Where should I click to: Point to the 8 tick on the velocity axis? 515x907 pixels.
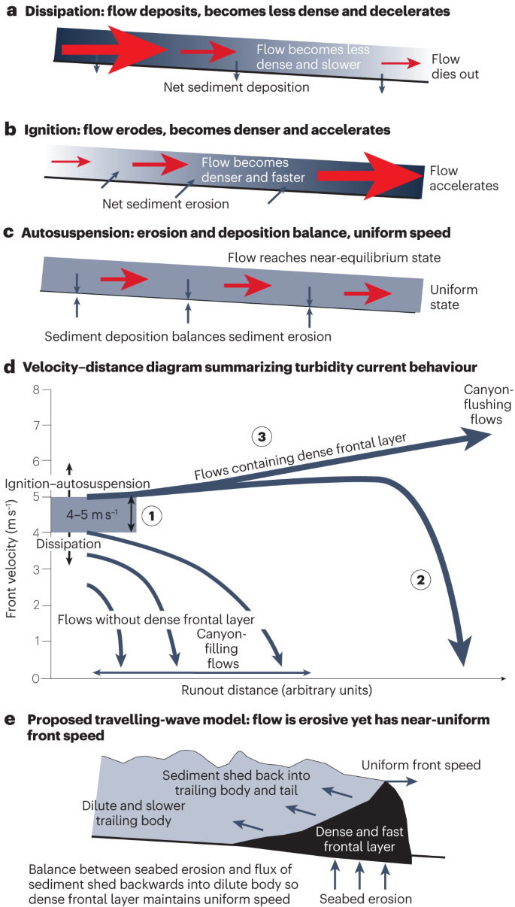tap(35, 390)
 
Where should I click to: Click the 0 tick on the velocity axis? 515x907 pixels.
tap(35, 678)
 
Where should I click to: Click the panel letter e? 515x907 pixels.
tap(10, 720)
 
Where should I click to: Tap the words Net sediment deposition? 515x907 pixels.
tap(236, 87)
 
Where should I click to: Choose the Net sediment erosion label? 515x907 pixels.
tap(165, 203)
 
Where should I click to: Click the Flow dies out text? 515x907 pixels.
tap(456, 67)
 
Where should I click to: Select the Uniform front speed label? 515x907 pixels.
tap(420, 765)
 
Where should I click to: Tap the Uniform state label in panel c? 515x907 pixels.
tap(453, 297)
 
